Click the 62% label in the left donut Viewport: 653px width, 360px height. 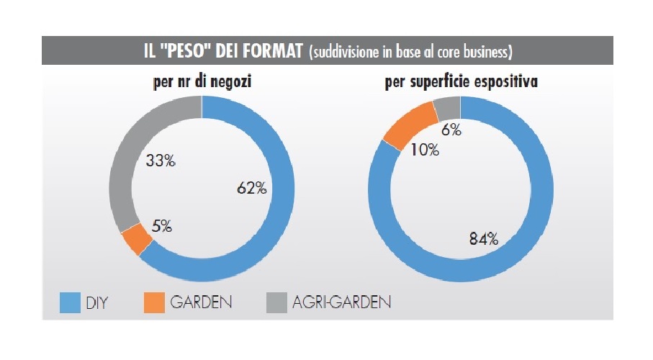pos(252,189)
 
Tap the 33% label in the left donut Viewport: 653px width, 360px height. pos(161,161)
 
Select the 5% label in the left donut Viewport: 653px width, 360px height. pos(162,226)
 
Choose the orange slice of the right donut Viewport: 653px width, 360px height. pos(408,123)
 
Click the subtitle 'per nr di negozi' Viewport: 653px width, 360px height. pos(202,83)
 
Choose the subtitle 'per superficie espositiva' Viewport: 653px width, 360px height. pos(461,83)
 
